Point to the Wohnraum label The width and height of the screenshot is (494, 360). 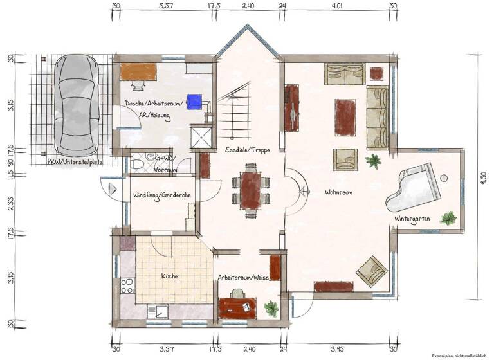point(338,192)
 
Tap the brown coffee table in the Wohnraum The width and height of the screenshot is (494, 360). point(345,117)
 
